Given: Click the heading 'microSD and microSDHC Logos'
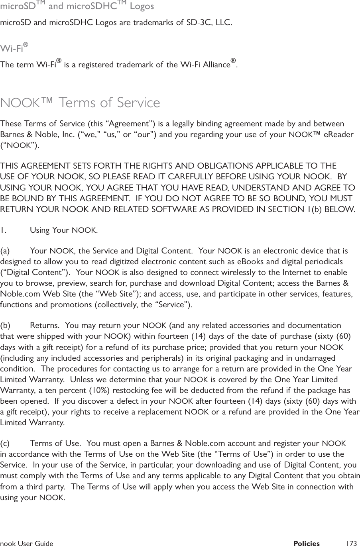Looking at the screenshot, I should click(x=77, y=7).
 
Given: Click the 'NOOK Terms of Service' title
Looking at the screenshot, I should click(x=80, y=102).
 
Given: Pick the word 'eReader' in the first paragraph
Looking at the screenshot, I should click(x=338, y=134).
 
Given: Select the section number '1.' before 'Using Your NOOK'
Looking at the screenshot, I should click(x=3, y=230).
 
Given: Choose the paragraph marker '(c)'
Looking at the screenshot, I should click(x=6, y=444).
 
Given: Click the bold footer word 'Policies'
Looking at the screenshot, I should click(x=306, y=543).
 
